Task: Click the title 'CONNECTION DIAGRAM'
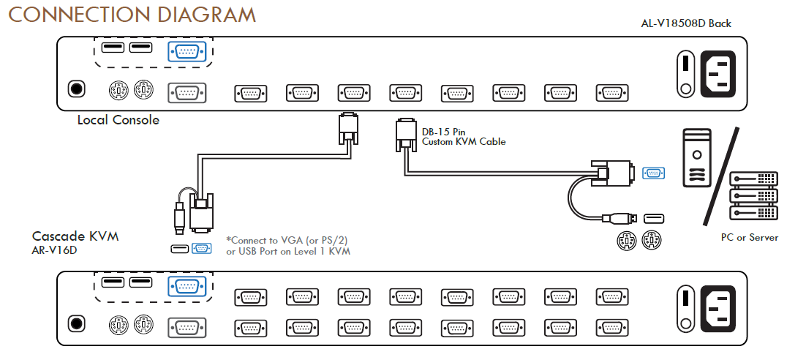[x=131, y=15]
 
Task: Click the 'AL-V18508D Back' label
[x=685, y=23]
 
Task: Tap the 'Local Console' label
[x=118, y=120]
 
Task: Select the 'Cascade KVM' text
[x=75, y=236]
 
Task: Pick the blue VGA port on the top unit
[x=187, y=51]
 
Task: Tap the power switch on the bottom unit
[x=685, y=307]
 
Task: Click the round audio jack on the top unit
[x=75, y=90]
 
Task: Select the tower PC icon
[x=696, y=157]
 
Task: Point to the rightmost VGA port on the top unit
[x=611, y=93]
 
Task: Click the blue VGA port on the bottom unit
[x=187, y=286]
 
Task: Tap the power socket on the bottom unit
[x=720, y=307]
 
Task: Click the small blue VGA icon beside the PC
[x=653, y=173]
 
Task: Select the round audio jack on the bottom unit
[x=75, y=324]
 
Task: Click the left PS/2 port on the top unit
[x=118, y=91]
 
